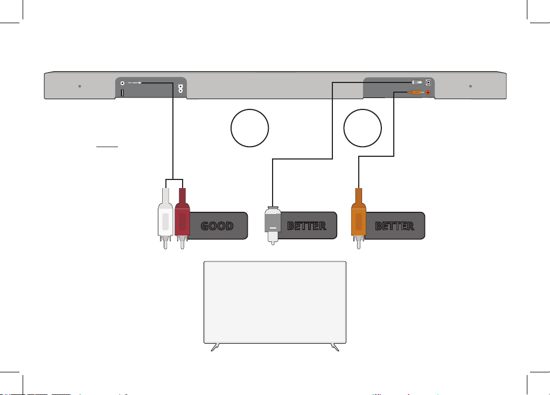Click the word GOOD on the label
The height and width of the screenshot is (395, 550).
pyautogui.click(x=217, y=226)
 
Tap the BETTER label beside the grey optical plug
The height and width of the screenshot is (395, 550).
pyautogui.click(x=307, y=226)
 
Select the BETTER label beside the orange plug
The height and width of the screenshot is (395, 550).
pyautogui.click(x=395, y=226)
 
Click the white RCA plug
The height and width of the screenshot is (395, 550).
pyautogui.click(x=165, y=218)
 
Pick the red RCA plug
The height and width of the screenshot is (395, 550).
pyautogui.click(x=182, y=218)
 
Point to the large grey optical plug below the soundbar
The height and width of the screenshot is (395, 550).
pyautogui.click(x=273, y=225)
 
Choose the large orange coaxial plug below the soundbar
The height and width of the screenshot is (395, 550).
pyautogui.click(x=358, y=218)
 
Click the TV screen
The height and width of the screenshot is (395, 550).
pyautogui.click(x=275, y=302)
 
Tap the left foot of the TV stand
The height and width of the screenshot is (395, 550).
pyautogui.click(x=215, y=347)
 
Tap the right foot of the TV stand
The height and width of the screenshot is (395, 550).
pyautogui.click(x=335, y=347)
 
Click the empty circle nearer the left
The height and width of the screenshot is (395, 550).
pyautogui.click(x=250, y=128)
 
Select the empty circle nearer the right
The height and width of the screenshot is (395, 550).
pyautogui.click(x=363, y=128)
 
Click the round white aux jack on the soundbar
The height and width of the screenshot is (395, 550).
pyautogui.click(x=122, y=83)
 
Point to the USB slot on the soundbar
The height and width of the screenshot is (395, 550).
pyautogui.click(x=122, y=93)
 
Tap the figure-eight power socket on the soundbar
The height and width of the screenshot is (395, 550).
pyautogui.click(x=180, y=88)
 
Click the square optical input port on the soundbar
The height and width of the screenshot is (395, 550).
pyautogui.click(x=428, y=82)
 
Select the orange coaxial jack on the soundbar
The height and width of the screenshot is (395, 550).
pyautogui.click(x=428, y=93)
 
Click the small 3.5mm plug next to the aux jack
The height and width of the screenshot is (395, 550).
pyautogui.click(x=135, y=83)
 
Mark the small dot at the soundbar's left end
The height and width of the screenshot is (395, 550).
pyautogui.click(x=80, y=86)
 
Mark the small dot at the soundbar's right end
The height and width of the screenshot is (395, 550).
pyautogui.click(x=470, y=86)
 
